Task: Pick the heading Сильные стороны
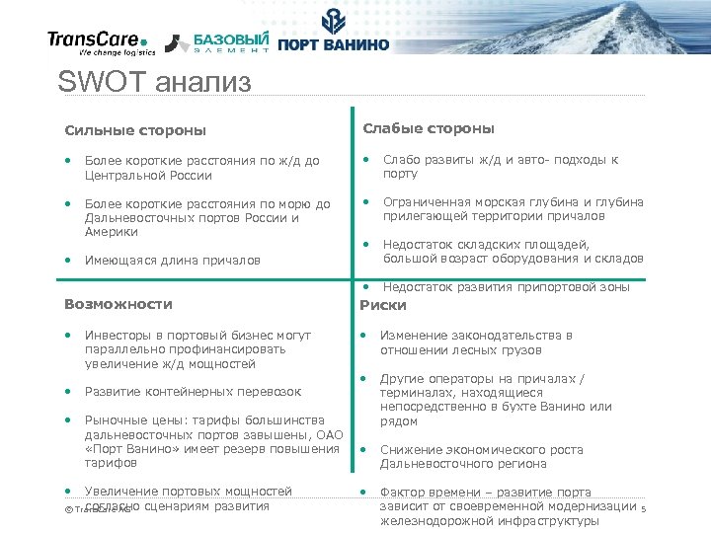coord(135,130)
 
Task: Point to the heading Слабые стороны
coord(429,129)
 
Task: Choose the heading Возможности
coord(118,304)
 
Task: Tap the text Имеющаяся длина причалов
coord(173,261)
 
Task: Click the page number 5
coord(643,509)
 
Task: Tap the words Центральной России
coord(148,176)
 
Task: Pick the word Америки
coord(112,232)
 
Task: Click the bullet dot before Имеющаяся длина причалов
coord(69,261)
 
